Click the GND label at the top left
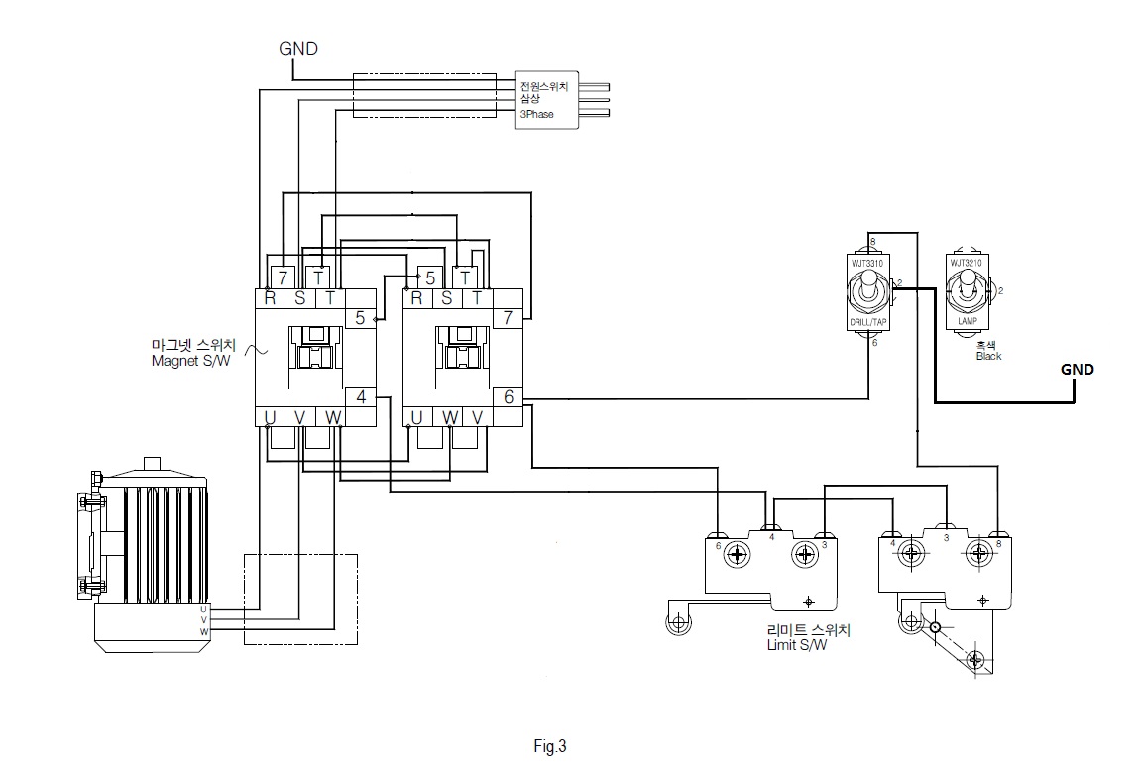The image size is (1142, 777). click(297, 48)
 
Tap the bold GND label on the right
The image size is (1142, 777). click(1078, 370)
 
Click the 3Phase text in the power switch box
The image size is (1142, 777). click(537, 114)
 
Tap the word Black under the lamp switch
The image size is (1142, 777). click(988, 356)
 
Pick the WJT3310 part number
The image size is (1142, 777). click(867, 263)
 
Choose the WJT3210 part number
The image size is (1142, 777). click(966, 263)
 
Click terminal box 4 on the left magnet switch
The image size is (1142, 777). click(361, 397)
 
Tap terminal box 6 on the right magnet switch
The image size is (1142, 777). click(509, 397)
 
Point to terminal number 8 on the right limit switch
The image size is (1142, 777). click(999, 542)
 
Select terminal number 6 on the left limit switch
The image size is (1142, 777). click(719, 544)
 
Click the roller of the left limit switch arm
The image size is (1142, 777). click(679, 622)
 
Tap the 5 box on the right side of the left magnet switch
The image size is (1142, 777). click(361, 318)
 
